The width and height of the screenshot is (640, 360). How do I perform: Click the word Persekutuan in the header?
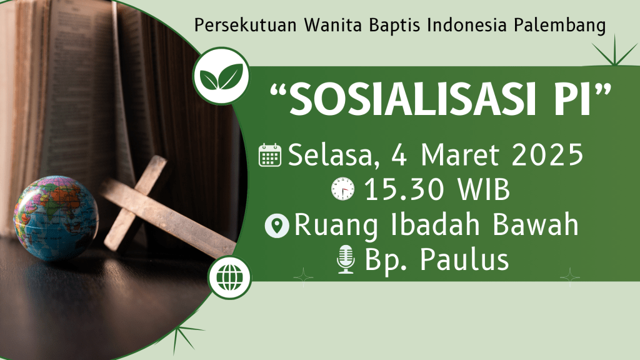point(245,25)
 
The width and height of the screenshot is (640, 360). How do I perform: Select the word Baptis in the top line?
point(394,25)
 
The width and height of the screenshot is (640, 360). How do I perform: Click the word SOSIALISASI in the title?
point(412,99)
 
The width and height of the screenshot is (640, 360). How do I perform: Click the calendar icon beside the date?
point(270,155)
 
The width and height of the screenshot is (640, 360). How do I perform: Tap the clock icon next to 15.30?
point(343,189)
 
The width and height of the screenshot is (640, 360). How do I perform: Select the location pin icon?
point(277,226)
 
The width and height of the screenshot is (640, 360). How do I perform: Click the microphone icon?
point(346,259)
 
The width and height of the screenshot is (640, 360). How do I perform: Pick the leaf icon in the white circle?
point(221,76)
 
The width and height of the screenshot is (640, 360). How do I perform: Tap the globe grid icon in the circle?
point(229,277)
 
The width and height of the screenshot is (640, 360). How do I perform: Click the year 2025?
point(547,155)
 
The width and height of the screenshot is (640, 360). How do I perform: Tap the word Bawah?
point(535,224)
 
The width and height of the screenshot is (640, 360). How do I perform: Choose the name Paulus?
point(464,259)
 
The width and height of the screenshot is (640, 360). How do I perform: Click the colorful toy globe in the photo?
point(56,218)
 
